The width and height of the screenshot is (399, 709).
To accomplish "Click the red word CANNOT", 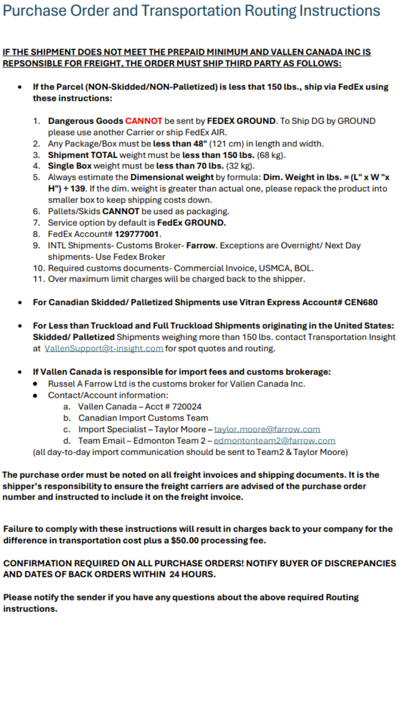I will pos(144,121).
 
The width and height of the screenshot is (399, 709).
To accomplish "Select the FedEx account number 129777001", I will pos(137,234).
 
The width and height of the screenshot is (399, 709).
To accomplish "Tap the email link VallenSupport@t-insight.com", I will pos(104,349).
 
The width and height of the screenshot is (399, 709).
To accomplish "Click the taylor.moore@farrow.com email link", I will pos(267,429).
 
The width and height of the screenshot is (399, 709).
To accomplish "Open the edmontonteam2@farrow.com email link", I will pos(274,441).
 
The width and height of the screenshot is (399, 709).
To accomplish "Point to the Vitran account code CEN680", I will pos(361,302).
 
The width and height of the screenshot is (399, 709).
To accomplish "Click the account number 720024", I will pos(187,406).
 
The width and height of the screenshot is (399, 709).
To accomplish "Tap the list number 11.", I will pos(39,279).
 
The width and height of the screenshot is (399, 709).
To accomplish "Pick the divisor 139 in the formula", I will pos(78,189).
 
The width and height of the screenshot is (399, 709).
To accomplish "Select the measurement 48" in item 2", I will pos(200,144).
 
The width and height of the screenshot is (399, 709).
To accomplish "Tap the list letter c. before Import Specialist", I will pos(67,429).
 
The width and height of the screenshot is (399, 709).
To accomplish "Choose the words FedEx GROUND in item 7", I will pos(191,223).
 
